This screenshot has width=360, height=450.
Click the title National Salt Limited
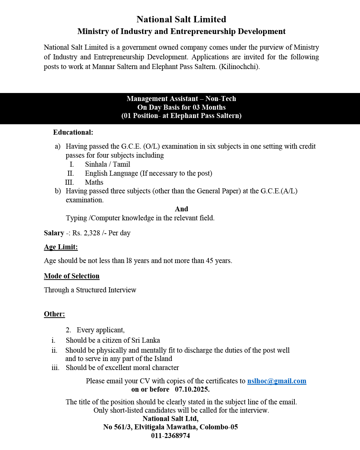[x=181, y=19]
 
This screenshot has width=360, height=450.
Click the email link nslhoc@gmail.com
[x=277, y=381]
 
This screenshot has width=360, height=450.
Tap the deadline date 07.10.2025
[x=192, y=389]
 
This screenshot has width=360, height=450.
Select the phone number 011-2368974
[x=170, y=436]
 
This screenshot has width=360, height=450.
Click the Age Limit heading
[x=61, y=247]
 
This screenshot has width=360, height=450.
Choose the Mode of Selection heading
[x=72, y=276]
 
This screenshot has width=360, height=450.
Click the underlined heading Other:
[x=54, y=314]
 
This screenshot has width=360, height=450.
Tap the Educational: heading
[x=73, y=132]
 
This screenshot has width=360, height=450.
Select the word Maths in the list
[x=94, y=182]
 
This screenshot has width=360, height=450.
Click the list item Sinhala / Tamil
[x=107, y=164]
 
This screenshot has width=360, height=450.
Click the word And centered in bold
[x=181, y=209]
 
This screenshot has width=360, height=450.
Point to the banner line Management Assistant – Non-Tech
[x=181, y=99]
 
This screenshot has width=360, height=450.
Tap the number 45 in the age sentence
[x=209, y=261]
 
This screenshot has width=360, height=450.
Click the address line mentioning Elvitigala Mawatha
[x=170, y=427]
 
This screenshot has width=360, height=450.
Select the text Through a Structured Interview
[x=90, y=290]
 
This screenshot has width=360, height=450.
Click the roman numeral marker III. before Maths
[x=69, y=182]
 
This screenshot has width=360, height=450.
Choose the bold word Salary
[x=54, y=233]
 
